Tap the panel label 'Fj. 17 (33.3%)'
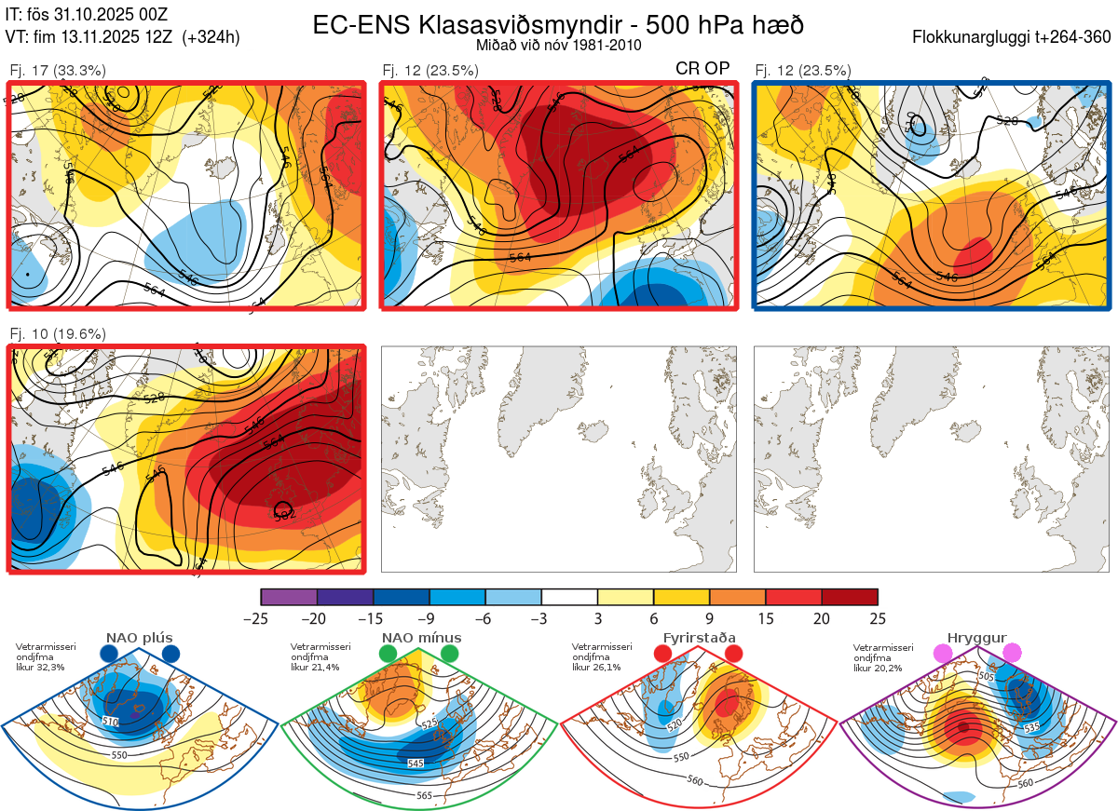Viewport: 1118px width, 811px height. (x=58, y=70)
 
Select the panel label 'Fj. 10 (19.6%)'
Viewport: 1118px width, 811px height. (x=58, y=334)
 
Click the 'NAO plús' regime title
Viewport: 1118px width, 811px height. (x=139, y=638)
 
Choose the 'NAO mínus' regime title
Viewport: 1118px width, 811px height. (x=421, y=638)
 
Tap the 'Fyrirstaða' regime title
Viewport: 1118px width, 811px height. (x=699, y=638)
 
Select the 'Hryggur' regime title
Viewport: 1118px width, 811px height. (x=976, y=638)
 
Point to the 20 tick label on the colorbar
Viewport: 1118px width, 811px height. (x=822, y=618)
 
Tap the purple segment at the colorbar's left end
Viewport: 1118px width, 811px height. (x=289, y=597)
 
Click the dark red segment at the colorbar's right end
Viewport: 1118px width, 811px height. (x=850, y=597)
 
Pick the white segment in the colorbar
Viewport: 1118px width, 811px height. (x=569, y=597)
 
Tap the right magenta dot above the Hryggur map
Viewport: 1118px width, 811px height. (x=1011, y=654)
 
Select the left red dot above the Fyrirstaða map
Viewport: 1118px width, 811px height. (x=662, y=654)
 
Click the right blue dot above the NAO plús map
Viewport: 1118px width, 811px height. (x=170, y=654)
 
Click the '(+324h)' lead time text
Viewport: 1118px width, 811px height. (x=211, y=37)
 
